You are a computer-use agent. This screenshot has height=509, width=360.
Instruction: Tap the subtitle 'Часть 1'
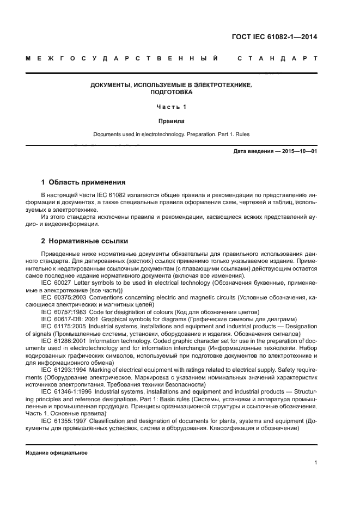pyautogui.click(x=171, y=107)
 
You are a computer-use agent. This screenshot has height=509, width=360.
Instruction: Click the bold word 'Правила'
pyautogui.click(x=171, y=121)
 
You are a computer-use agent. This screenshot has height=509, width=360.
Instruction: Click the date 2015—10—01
pyautogui.click(x=298, y=151)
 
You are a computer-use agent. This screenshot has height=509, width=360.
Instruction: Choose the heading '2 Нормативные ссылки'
pyautogui.click(x=84, y=241)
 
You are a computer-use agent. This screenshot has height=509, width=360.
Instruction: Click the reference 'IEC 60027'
pyautogui.click(x=57, y=284)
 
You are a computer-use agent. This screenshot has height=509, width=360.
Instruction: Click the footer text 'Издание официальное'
pyautogui.click(x=57, y=452)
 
